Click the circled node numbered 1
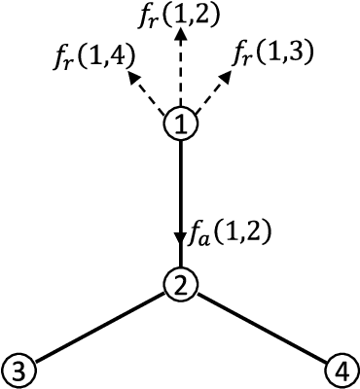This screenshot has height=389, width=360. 181,124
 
